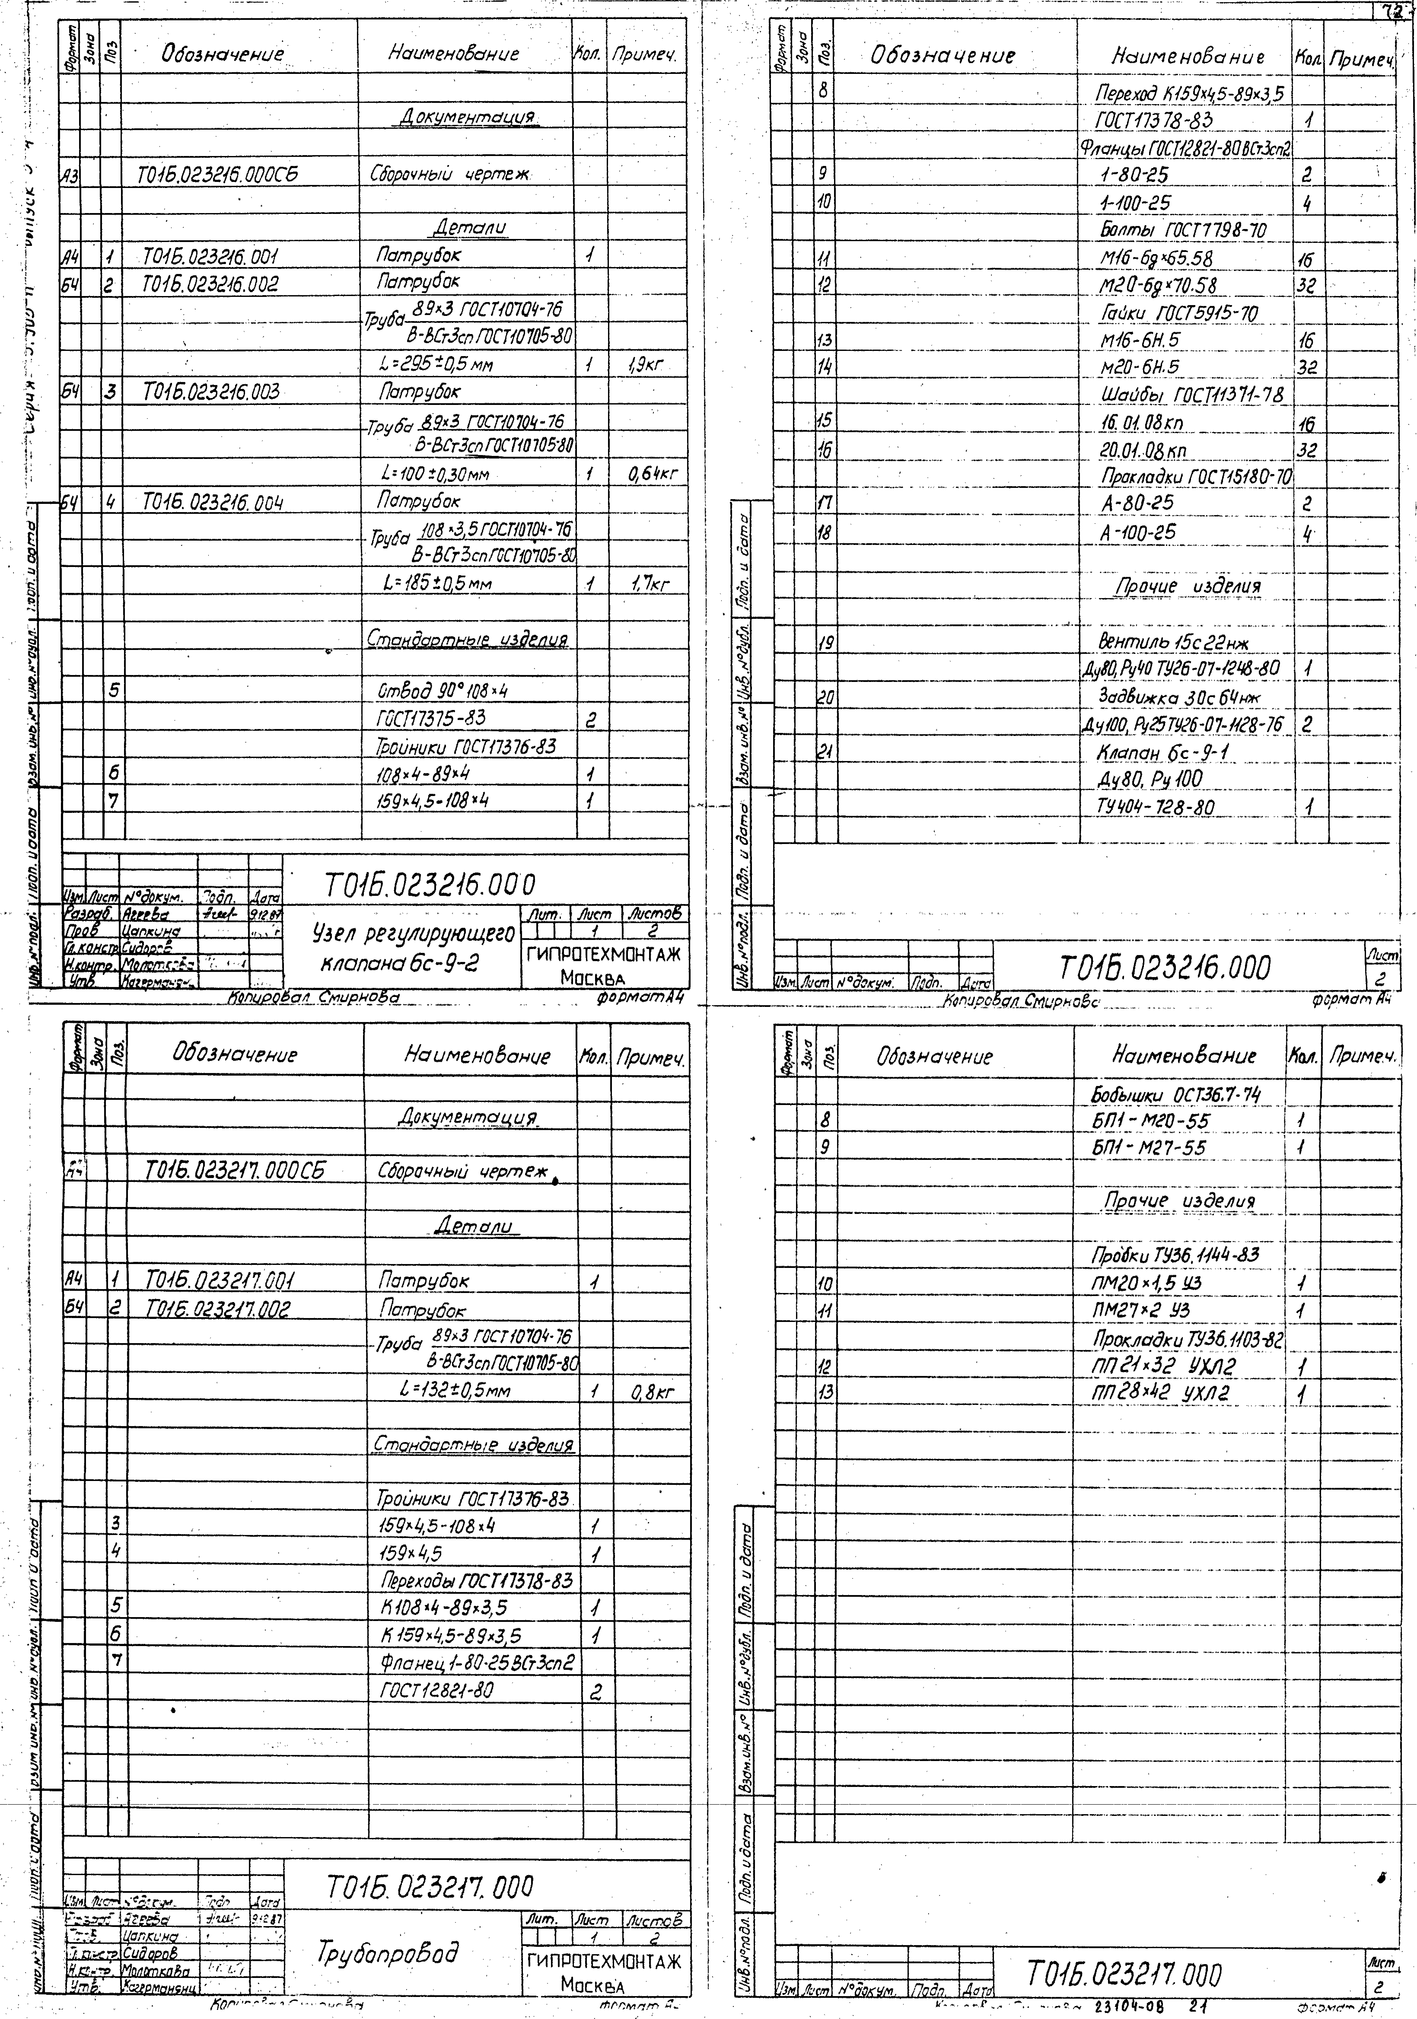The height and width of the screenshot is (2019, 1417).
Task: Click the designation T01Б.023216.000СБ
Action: [x=218, y=174]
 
